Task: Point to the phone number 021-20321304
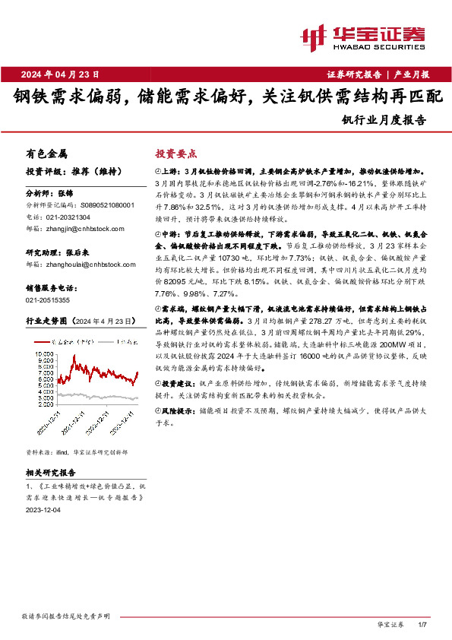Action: [x=69, y=216]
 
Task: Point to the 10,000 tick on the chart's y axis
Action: [x=44, y=354]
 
